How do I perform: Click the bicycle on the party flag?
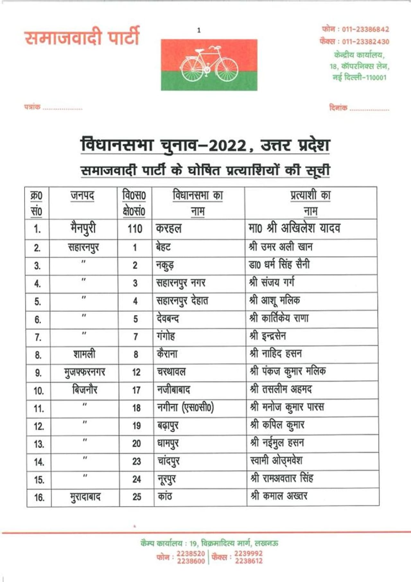click(209, 65)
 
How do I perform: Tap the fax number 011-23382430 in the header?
click(365, 41)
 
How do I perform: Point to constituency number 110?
click(135, 229)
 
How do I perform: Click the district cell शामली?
click(84, 354)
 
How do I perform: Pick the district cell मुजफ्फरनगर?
click(84, 372)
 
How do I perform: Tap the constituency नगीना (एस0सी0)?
click(185, 408)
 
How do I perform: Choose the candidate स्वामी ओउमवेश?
click(276, 460)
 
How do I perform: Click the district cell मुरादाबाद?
click(85, 497)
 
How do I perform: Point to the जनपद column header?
click(83, 195)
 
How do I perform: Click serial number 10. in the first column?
click(39, 391)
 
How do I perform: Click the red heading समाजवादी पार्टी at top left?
click(82, 37)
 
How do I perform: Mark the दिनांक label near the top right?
click(338, 108)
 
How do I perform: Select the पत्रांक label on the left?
click(32, 107)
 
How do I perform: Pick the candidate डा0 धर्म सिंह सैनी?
click(279, 265)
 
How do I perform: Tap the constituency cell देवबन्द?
click(168, 318)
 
